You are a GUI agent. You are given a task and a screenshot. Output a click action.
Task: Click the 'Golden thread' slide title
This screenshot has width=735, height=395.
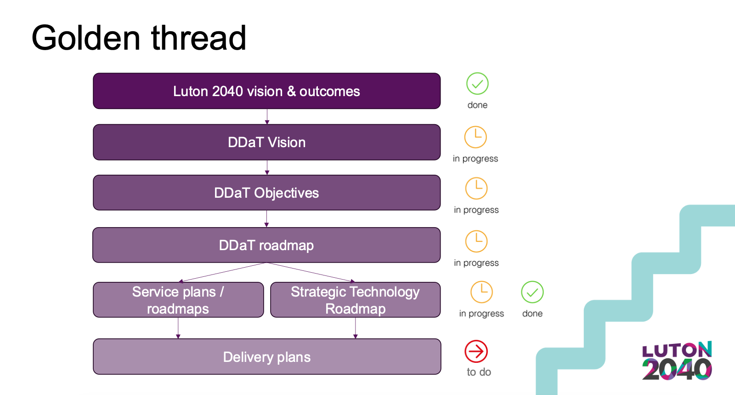[x=138, y=38]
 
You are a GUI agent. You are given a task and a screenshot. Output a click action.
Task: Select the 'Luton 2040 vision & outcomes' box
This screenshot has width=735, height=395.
[x=267, y=91]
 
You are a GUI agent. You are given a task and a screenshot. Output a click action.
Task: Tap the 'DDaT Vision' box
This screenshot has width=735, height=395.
[x=267, y=142]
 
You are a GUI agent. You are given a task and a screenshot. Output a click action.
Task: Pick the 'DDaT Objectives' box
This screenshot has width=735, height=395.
[x=267, y=193]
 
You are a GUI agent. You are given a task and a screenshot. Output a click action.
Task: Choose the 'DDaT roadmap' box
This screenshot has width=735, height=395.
[x=266, y=245]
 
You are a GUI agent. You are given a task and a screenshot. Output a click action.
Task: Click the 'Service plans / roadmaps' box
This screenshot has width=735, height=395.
[x=178, y=300]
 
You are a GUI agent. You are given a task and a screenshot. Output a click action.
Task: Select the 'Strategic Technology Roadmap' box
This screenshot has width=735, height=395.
[x=356, y=300]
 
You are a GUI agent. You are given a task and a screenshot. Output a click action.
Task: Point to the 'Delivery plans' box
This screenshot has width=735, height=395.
[x=267, y=356]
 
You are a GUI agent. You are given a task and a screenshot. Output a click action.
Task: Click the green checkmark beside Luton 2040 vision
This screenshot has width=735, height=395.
[x=477, y=84]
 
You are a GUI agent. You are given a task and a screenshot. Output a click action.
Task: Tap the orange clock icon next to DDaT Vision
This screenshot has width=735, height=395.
[x=475, y=137]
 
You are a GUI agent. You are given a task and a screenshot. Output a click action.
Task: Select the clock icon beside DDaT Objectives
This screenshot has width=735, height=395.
[x=476, y=189]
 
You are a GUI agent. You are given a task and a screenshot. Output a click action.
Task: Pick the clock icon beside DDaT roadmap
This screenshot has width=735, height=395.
[x=476, y=242]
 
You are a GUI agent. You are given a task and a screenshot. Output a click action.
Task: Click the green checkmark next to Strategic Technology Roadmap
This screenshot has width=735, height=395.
[x=532, y=292]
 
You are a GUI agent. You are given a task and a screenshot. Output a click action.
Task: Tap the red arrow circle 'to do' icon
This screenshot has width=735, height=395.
[x=476, y=351]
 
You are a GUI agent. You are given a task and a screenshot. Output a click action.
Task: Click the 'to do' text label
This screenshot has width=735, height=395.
[x=479, y=372]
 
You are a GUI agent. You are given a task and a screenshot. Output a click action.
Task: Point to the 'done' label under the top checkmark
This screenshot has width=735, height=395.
[x=477, y=105]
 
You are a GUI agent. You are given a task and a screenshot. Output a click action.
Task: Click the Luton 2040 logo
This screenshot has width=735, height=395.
[x=677, y=361]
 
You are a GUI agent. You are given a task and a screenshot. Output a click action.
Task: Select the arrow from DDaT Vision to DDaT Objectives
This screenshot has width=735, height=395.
[x=267, y=167]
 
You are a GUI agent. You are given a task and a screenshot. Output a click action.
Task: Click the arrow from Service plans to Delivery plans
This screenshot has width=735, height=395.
[x=178, y=328]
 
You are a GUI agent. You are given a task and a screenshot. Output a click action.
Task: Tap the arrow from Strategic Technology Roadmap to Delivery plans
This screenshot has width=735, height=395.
[x=356, y=328]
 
